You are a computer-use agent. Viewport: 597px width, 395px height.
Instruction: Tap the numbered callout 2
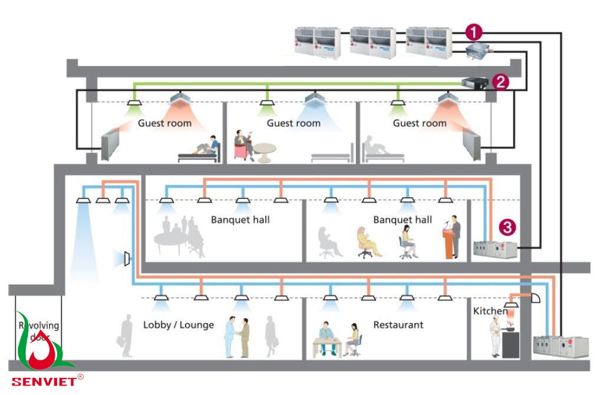click(500, 82)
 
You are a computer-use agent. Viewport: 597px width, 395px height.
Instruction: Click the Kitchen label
click(490, 310)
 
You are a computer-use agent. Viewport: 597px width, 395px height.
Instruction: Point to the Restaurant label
click(398, 324)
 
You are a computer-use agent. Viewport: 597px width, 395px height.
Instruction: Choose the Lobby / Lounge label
click(179, 324)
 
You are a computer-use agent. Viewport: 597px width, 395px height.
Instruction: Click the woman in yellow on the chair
click(366, 241)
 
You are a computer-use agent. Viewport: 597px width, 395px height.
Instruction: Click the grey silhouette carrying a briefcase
click(126, 337)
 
